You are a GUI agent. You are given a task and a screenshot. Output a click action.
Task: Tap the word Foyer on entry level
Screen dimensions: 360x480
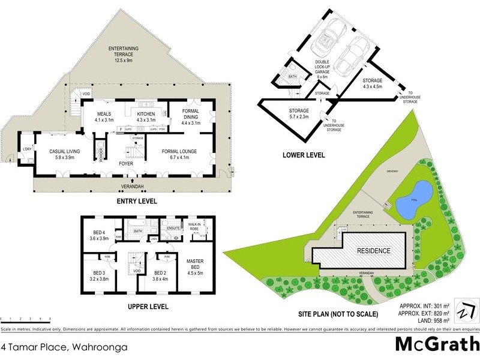[125, 163]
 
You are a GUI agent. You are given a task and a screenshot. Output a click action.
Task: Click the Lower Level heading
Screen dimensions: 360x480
[304, 155]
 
